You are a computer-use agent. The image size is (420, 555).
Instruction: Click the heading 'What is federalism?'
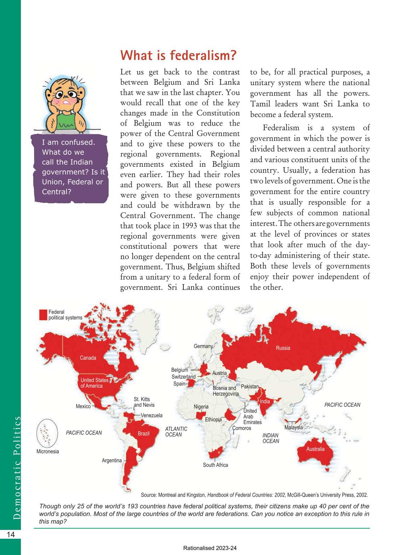coord(178,55)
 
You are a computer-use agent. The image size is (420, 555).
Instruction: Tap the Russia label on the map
coord(283,348)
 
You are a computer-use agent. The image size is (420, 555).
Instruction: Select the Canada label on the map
coord(88,358)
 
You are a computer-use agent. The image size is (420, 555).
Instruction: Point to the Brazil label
coord(143,434)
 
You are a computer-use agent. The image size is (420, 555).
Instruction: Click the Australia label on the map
coord(315,449)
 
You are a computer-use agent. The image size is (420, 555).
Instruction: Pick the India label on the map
coord(265,402)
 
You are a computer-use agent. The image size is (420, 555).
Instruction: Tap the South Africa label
coord(215,465)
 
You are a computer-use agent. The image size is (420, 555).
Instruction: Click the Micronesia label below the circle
coord(47,452)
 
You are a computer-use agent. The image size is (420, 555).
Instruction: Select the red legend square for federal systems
coord(43,315)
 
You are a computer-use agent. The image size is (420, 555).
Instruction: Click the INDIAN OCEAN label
coord(271,438)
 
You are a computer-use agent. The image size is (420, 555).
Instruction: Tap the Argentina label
coord(111,461)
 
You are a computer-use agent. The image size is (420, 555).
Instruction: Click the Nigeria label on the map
coord(201,407)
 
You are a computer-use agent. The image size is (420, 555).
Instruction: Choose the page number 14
coord(11,534)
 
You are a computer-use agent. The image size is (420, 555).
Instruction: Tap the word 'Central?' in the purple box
coord(57,192)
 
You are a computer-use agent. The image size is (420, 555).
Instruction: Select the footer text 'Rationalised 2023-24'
coord(210,548)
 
